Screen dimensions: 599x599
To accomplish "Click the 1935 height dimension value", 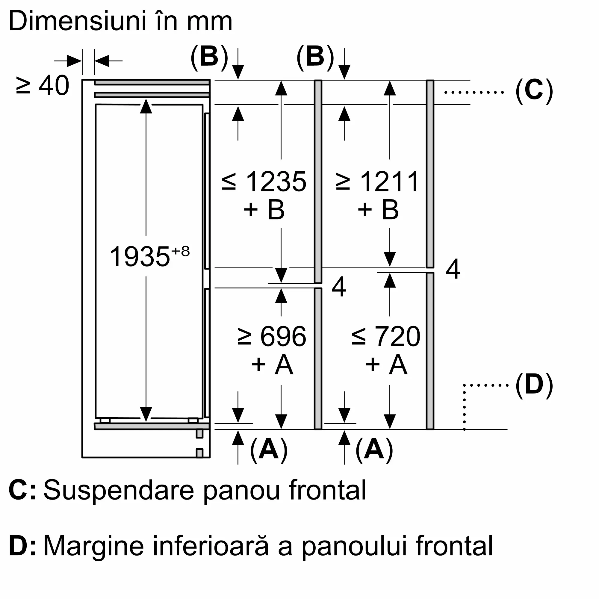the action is [x=140, y=256].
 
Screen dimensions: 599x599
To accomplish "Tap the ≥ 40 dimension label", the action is [x=43, y=85].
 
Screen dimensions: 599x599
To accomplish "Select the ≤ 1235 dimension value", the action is [x=264, y=182].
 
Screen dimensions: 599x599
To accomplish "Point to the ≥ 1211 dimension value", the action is [x=378, y=182].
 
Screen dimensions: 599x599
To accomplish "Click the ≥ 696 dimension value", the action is [x=272, y=337].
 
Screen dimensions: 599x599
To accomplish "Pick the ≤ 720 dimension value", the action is [x=386, y=337].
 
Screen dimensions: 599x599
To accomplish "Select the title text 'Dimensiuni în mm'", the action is [x=121, y=21].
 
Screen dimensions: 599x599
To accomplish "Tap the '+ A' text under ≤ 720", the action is [x=386, y=364].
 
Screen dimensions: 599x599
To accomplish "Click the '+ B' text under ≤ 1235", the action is [x=264, y=210].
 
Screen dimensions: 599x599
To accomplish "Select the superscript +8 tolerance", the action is [x=180, y=251].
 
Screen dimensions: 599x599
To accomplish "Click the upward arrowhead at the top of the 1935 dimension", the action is [x=146, y=106].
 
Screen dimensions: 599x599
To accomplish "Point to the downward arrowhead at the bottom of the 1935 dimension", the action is [x=146, y=414].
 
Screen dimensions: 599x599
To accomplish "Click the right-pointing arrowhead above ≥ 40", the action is [x=74, y=61].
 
